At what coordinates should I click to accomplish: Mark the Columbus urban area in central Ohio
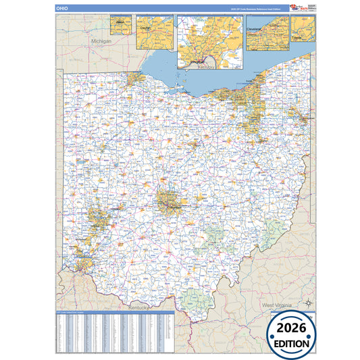point(168,201)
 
